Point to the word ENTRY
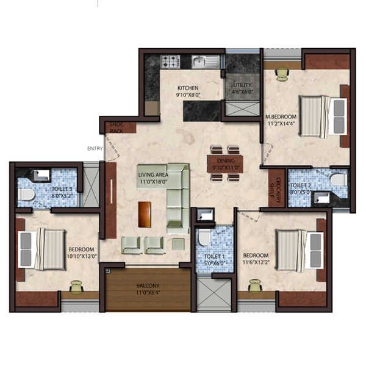point(95,148)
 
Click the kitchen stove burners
point(170,61)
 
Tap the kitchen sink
point(201,61)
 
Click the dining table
point(225,163)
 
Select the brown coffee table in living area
point(145,213)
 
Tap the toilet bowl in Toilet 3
point(26,195)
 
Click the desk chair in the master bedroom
point(281,74)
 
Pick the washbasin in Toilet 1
point(206,214)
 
